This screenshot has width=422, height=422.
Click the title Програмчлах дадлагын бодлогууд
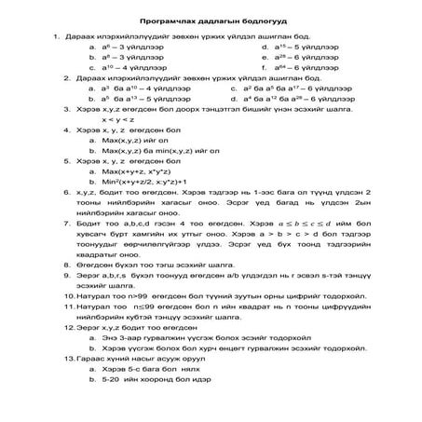[211, 20]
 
